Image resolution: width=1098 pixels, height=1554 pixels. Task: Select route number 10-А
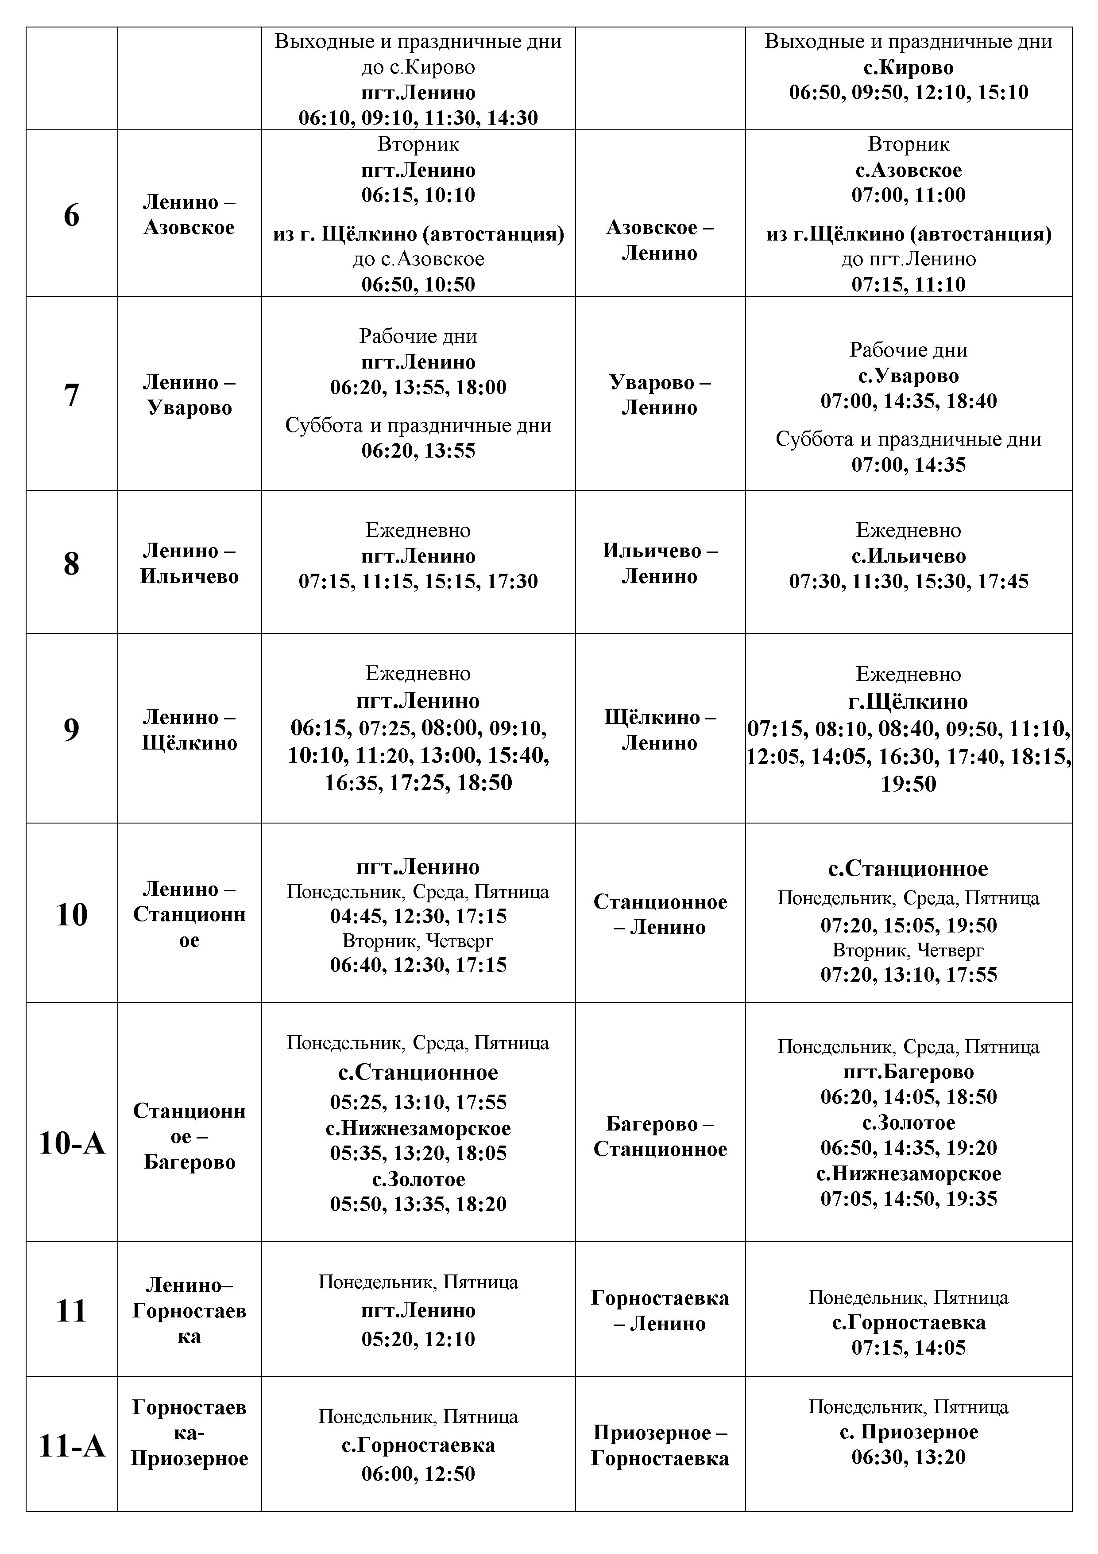[72, 1143]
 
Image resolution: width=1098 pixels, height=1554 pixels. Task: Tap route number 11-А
[72, 1446]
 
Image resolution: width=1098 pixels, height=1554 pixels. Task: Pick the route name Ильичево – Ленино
[660, 563]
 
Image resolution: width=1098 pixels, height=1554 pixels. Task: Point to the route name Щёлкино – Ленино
[660, 730]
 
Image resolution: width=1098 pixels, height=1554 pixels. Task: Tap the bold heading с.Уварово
[908, 376]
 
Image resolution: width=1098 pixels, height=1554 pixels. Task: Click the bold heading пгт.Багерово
[908, 1072]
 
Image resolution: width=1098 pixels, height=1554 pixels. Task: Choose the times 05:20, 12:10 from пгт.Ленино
[418, 1339]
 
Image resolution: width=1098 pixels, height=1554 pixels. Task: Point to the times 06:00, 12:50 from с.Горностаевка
[418, 1473]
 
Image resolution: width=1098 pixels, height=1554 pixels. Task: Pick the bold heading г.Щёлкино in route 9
[908, 702]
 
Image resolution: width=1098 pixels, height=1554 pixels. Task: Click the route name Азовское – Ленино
[660, 240]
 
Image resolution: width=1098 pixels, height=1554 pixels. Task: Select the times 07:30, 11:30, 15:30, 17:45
[908, 581]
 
